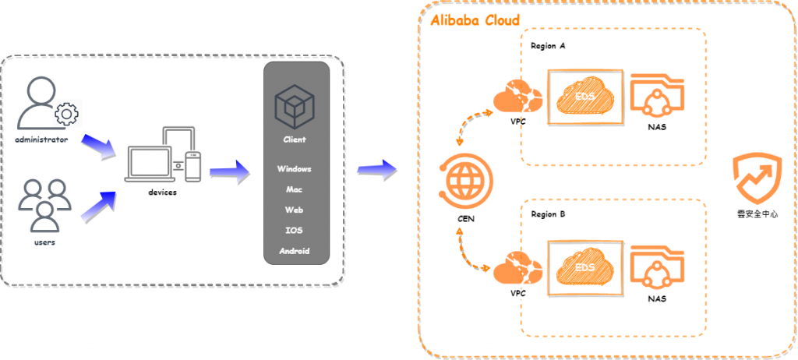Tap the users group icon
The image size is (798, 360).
[x=45, y=205]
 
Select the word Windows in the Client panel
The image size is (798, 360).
[x=294, y=168]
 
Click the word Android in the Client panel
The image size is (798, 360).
[x=294, y=251]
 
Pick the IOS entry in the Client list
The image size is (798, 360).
[x=294, y=231]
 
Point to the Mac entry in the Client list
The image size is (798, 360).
[x=294, y=189]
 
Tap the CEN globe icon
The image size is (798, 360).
[x=466, y=182]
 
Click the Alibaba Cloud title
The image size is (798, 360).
[x=475, y=19]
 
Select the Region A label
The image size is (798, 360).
[x=548, y=46]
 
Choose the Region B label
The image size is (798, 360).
[x=548, y=214]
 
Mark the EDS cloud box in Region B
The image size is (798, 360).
[x=586, y=267]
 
